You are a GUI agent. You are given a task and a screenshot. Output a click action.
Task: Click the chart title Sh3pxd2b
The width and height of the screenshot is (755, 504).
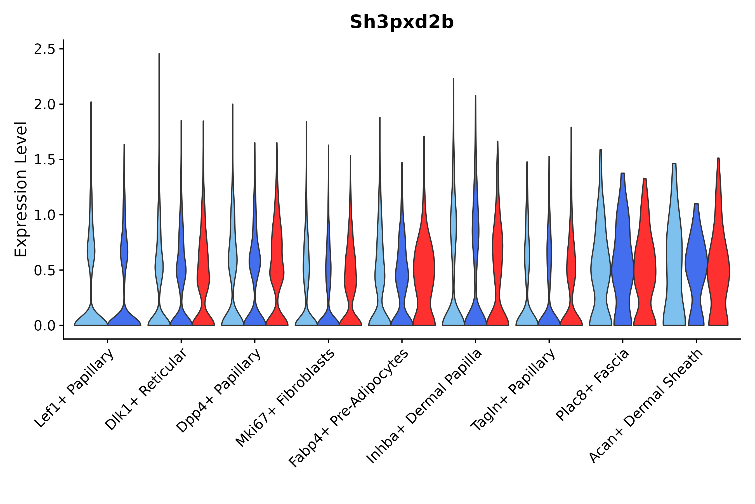coord(402,22)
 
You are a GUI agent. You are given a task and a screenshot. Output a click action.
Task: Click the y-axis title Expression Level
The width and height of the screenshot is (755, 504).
coord(21,189)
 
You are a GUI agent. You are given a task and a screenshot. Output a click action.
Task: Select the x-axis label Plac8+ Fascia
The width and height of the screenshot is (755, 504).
coord(593,385)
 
